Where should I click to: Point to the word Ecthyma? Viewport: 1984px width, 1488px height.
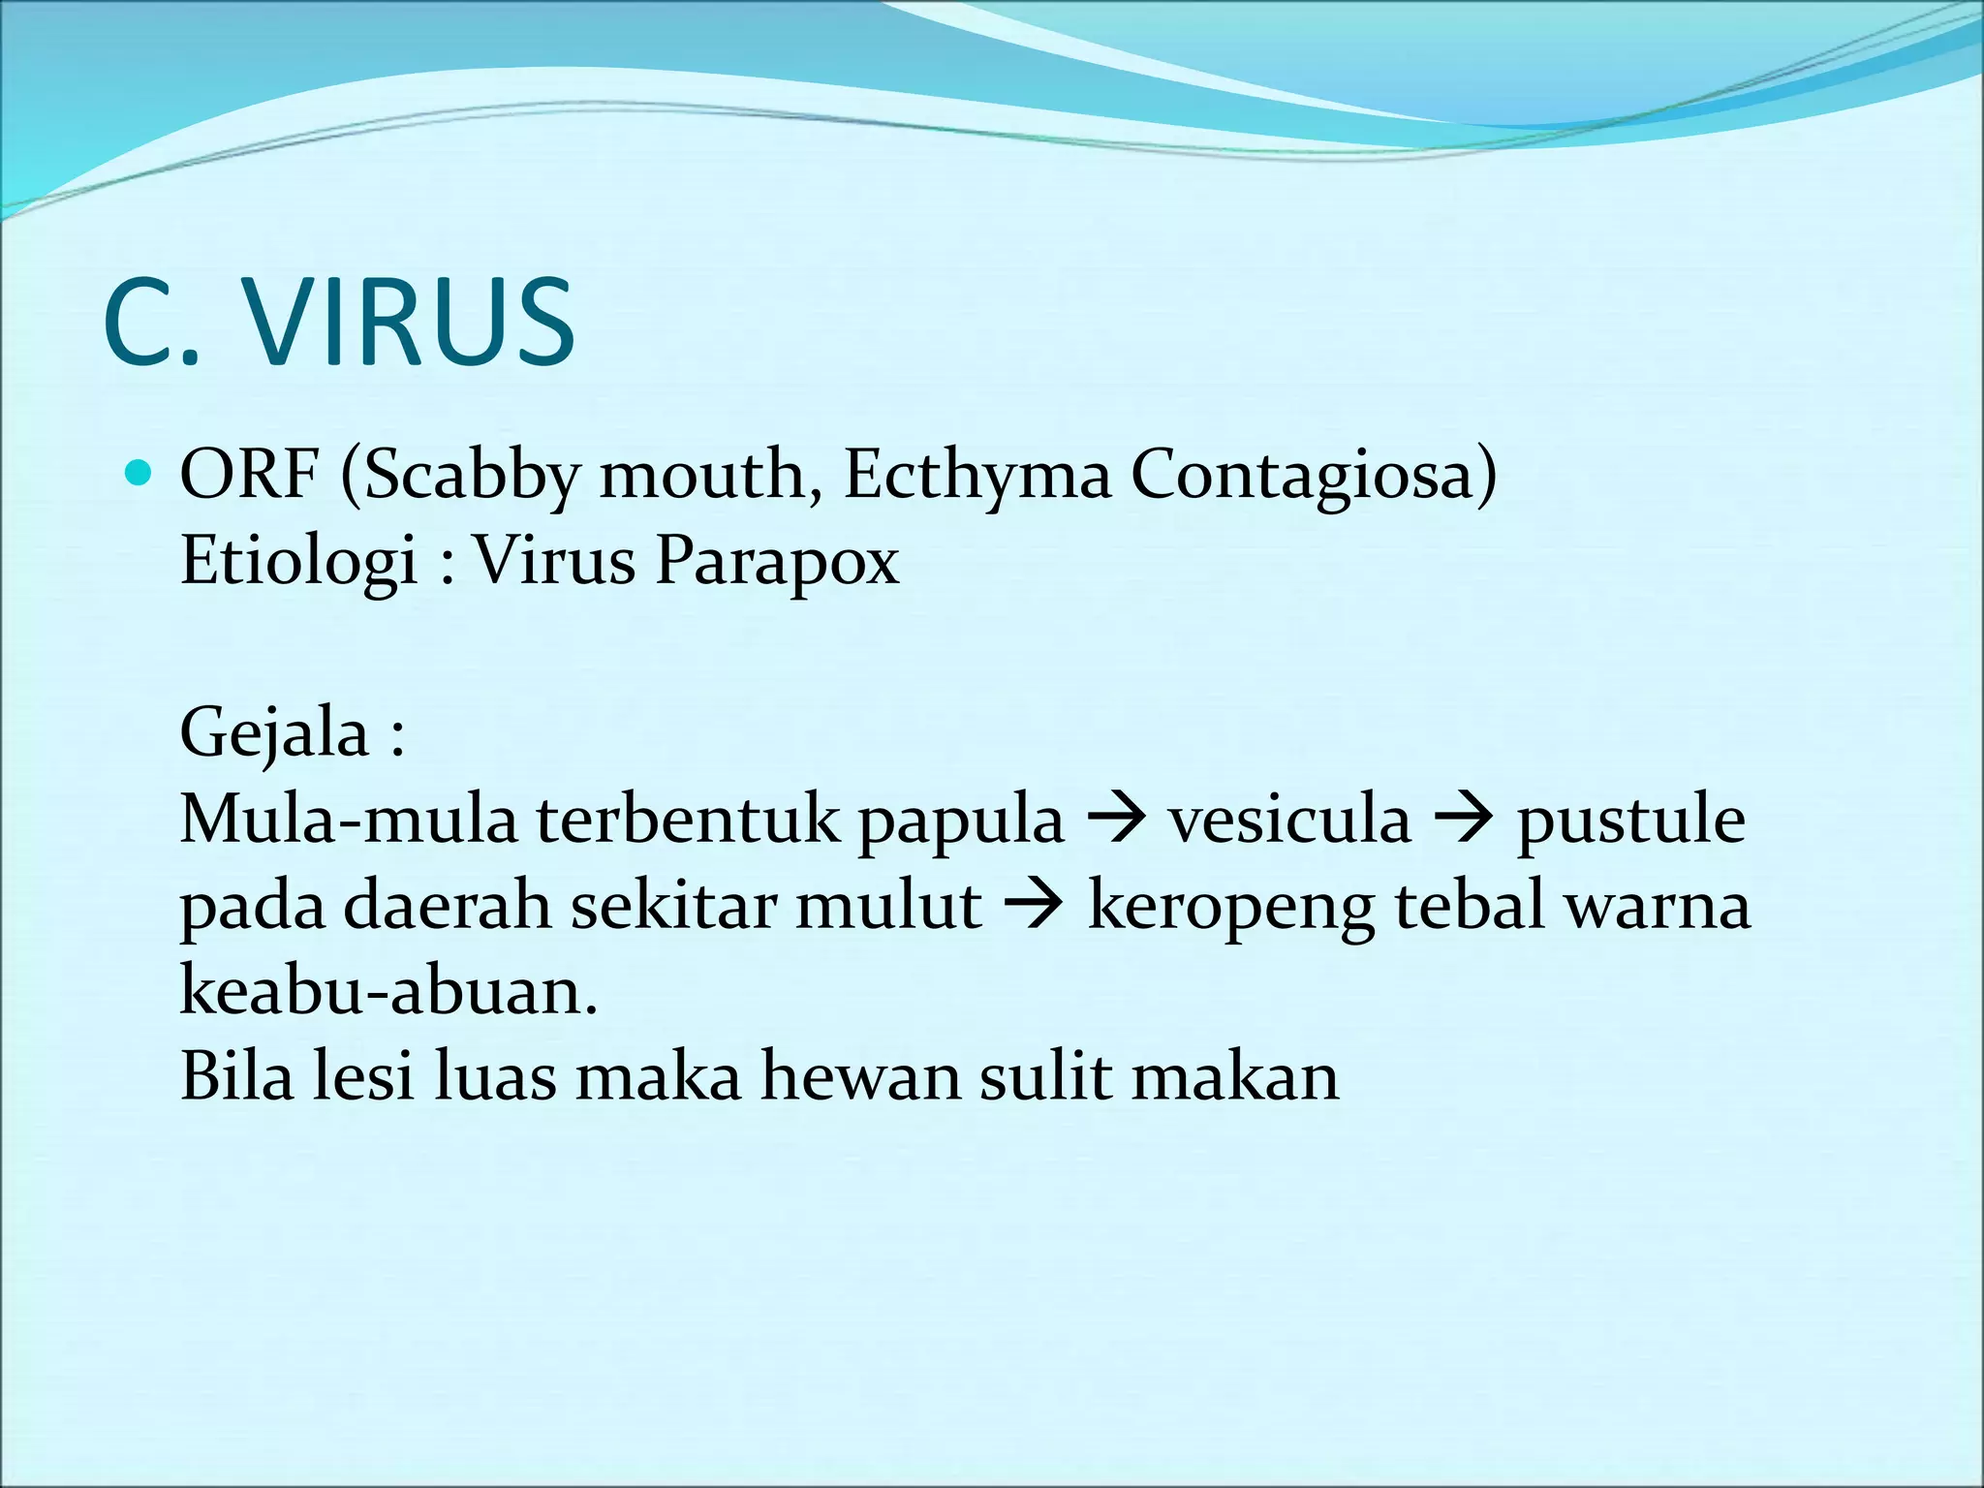(x=976, y=477)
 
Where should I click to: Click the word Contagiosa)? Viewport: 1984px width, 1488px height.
(x=1314, y=477)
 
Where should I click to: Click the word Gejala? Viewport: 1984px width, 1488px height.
(x=275, y=734)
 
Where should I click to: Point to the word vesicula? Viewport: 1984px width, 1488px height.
(x=1289, y=820)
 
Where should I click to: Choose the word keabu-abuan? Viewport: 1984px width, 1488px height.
(x=387, y=991)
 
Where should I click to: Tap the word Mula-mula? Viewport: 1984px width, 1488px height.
(x=349, y=820)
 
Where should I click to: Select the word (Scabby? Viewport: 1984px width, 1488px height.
(x=459, y=477)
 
